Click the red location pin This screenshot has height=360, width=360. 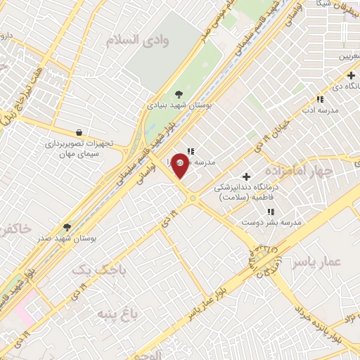click(x=181, y=165)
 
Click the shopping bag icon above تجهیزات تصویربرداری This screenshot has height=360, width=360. click(x=78, y=131)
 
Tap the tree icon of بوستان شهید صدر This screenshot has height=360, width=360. click(x=67, y=226)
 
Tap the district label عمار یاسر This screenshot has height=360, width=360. click(x=323, y=262)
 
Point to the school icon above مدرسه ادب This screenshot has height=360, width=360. click(x=320, y=99)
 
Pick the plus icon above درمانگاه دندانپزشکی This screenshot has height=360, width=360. click(x=246, y=176)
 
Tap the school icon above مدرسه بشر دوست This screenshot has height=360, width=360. click(x=271, y=211)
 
